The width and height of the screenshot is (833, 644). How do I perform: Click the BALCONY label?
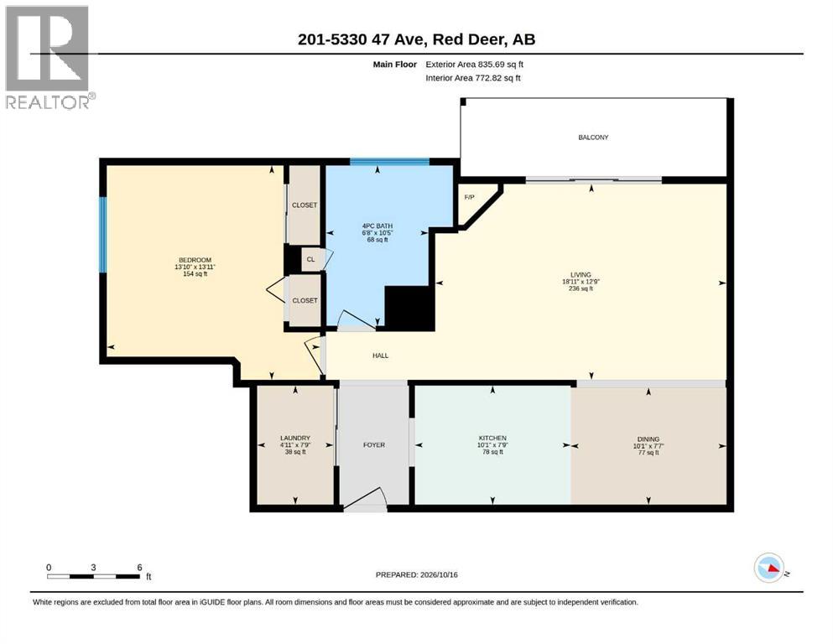click(x=593, y=138)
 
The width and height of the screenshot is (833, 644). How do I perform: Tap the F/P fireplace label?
click(x=469, y=198)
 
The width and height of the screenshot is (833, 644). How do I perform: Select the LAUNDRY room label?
click(x=295, y=439)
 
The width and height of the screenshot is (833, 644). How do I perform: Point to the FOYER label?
click(x=374, y=445)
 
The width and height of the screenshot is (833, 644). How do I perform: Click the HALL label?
click(x=380, y=356)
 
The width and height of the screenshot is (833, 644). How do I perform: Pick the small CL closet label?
click(x=310, y=260)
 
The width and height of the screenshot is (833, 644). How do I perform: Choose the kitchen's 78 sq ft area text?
click(x=492, y=452)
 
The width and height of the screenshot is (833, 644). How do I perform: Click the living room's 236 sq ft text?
click(x=580, y=288)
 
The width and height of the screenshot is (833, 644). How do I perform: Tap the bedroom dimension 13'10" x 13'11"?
click(x=195, y=267)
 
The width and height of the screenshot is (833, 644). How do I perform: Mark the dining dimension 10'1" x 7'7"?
click(x=648, y=446)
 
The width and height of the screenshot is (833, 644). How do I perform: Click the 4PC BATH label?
click(x=377, y=226)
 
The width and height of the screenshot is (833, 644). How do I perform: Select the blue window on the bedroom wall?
click(x=103, y=235)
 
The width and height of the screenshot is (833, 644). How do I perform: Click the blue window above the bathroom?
click(x=389, y=162)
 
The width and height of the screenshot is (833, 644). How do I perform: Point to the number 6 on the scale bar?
click(x=140, y=568)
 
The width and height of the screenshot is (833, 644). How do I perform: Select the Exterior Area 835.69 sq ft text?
click(x=475, y=65)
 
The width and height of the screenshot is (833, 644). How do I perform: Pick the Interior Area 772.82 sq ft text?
click(x=473, y=78)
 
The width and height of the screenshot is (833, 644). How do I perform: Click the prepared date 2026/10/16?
click(x=439, y=575)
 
